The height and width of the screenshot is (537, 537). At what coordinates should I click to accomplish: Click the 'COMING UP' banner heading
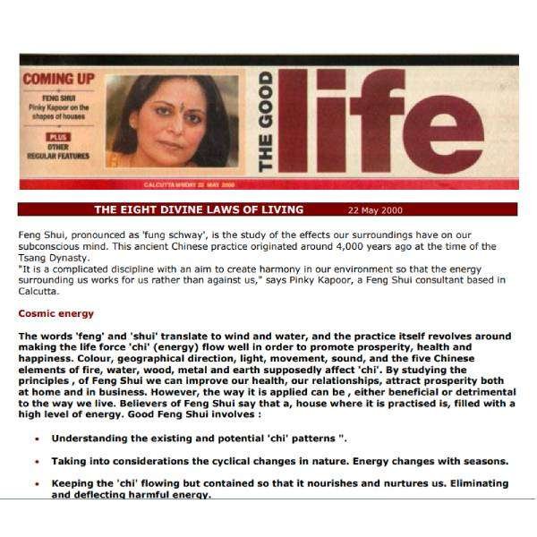pyautogui.click(x=60, y=79)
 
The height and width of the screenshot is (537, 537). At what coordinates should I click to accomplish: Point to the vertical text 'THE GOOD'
pyautogui.click(x=266, y=122)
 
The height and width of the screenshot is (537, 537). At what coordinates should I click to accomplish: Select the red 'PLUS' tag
pyautogui.click(x=59, y=136)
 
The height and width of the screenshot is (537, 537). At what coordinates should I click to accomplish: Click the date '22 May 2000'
pyautogui.click(x=375, y=210)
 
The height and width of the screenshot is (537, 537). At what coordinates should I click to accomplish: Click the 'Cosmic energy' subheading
pyautogui.click(x=55, y=313)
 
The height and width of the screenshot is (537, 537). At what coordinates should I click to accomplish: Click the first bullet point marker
pyautogui.click(x=36, y=439)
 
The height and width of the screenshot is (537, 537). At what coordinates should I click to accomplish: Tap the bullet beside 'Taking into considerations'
pyautogui.click(x=36, y=462)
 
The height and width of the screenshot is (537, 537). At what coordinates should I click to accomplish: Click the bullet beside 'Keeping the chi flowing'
pyautogui.click(x=36, y=484)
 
